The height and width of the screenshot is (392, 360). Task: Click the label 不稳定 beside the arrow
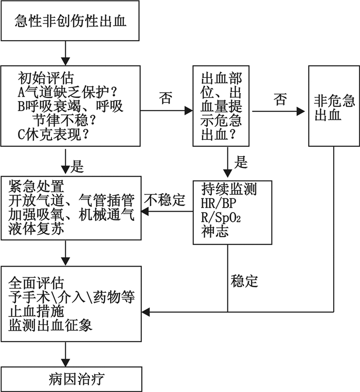[165, 200]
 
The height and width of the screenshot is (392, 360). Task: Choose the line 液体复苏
[35, 229]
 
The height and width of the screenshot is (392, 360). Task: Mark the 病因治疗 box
[71, 379]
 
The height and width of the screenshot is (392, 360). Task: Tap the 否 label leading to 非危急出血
[280, 100]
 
